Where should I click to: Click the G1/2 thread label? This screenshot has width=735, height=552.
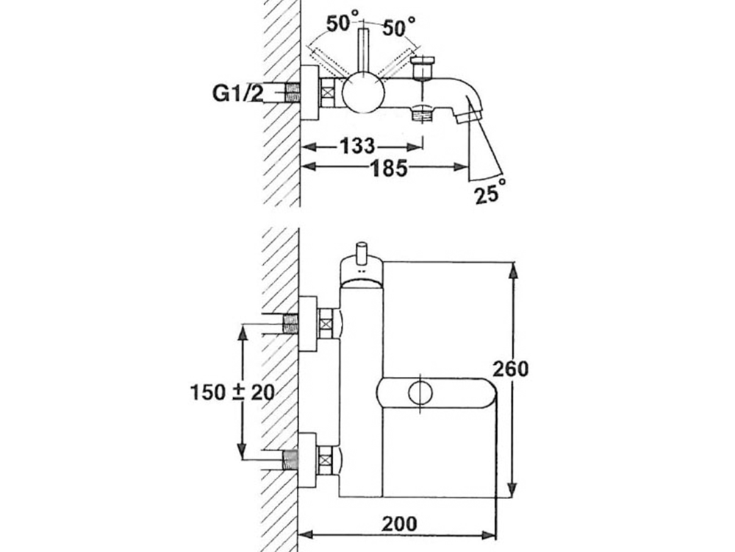click(235, 94)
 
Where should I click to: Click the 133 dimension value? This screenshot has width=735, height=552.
click(356, 145)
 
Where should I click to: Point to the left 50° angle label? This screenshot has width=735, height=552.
click(342, 24)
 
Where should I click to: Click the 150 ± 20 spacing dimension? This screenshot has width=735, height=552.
click(229, 392)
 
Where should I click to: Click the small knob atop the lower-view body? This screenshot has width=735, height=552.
click(360, 253)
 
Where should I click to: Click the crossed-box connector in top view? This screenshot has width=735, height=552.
click(329, 94)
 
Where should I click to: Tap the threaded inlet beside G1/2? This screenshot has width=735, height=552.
click(293, 94)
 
